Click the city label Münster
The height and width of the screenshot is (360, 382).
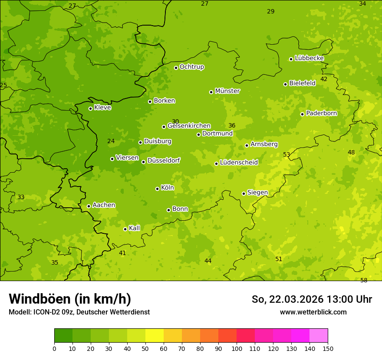[x=227, y=91]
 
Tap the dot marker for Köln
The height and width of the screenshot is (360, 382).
[x=157, y=189]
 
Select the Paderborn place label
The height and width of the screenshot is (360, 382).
[x=321, y=113]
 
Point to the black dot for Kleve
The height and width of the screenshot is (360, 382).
[x=90, y=108]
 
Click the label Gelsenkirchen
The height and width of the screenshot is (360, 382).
[x=189, y=126]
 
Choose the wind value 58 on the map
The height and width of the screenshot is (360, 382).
[x=364, y=280]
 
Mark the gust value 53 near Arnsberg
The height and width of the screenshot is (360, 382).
[x=286, y=154]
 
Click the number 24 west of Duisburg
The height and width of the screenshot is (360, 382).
[x=111, y=141]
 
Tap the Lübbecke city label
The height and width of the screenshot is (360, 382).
[x=309, y=58]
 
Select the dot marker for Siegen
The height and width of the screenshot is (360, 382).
[x=244, y=193]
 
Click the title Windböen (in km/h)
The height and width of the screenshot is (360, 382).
[x=70, y=299]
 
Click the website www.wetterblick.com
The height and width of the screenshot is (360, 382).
[x=313, y=312]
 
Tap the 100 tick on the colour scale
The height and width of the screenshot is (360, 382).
[x=237, y=348]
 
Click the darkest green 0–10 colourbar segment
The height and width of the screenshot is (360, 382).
[x=63, y=336]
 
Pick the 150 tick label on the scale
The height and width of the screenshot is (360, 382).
[x=328, y=348]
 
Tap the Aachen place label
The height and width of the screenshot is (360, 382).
[x=104, y=205]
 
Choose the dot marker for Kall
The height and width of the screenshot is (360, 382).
[x=125, y=229]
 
